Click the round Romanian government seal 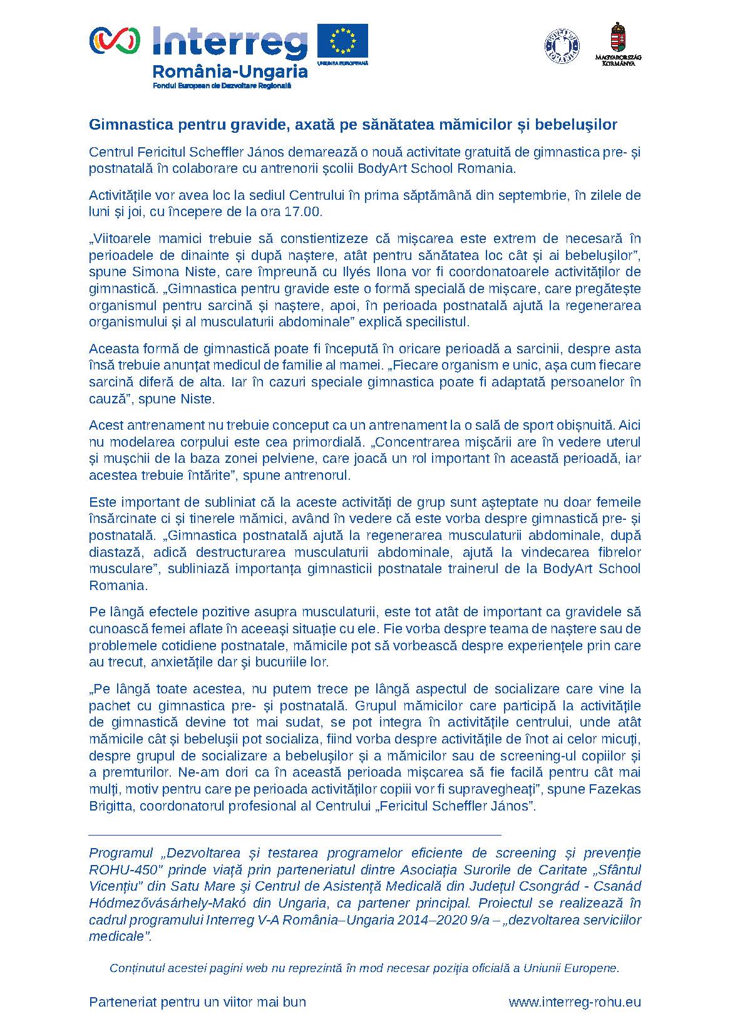click(x=562, y=45)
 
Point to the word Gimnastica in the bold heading click(x=123, y=125)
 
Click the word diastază click(x=115, y=552)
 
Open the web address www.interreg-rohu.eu click(x=575, y=1002)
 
